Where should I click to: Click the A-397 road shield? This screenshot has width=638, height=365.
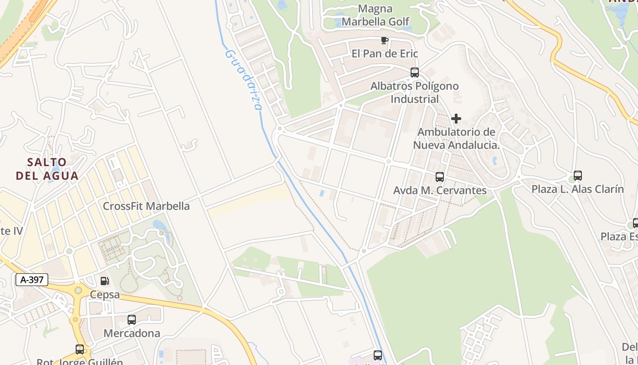[32, 280]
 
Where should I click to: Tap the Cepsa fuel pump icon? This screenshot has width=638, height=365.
[105, 281]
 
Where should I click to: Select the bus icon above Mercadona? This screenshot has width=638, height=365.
[132, 320]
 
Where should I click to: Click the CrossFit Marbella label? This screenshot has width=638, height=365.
[146, 206]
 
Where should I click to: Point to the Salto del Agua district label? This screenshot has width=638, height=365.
[47, 169]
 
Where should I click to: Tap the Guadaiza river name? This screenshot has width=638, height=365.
[244, 80]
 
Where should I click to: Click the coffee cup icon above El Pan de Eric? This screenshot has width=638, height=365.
[385, 41]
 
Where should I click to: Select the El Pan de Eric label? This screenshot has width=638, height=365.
[385, 53]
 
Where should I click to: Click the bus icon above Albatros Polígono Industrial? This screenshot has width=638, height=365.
[414, 73]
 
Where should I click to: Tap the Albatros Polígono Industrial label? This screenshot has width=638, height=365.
[414, 92]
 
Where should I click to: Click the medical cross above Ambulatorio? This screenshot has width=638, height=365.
[456, 119]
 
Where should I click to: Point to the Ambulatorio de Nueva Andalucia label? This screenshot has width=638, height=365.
[456, 139]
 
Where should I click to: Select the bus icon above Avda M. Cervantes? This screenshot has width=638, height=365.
[440, 177]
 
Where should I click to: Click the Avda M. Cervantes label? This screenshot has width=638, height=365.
[440, 190]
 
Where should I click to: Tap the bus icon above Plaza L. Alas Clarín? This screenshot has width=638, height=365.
[578, 176]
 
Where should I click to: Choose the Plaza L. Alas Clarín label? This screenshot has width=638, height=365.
[577, 189]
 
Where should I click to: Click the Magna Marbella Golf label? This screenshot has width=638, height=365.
[376, 15]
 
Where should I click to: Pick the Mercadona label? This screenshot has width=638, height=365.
[132, 333]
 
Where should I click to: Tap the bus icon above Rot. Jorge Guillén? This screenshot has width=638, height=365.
[80, 349]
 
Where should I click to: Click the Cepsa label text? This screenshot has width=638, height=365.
[105, 294]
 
